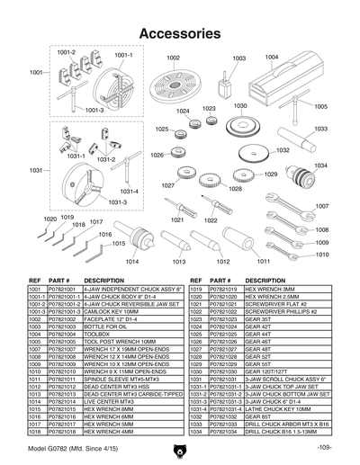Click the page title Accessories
[x=180, y=33]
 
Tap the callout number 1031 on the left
[x=36, y=170]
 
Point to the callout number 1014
[x=131, y=261]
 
